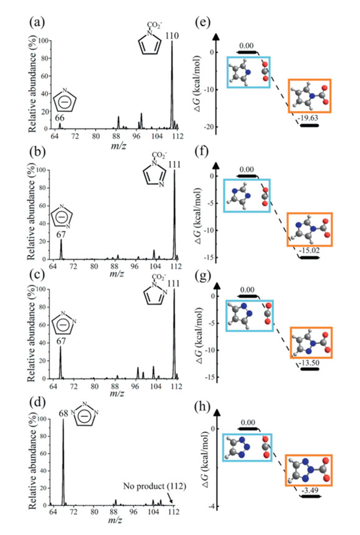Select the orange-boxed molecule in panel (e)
309,96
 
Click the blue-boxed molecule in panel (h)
247,447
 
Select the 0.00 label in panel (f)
248,169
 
